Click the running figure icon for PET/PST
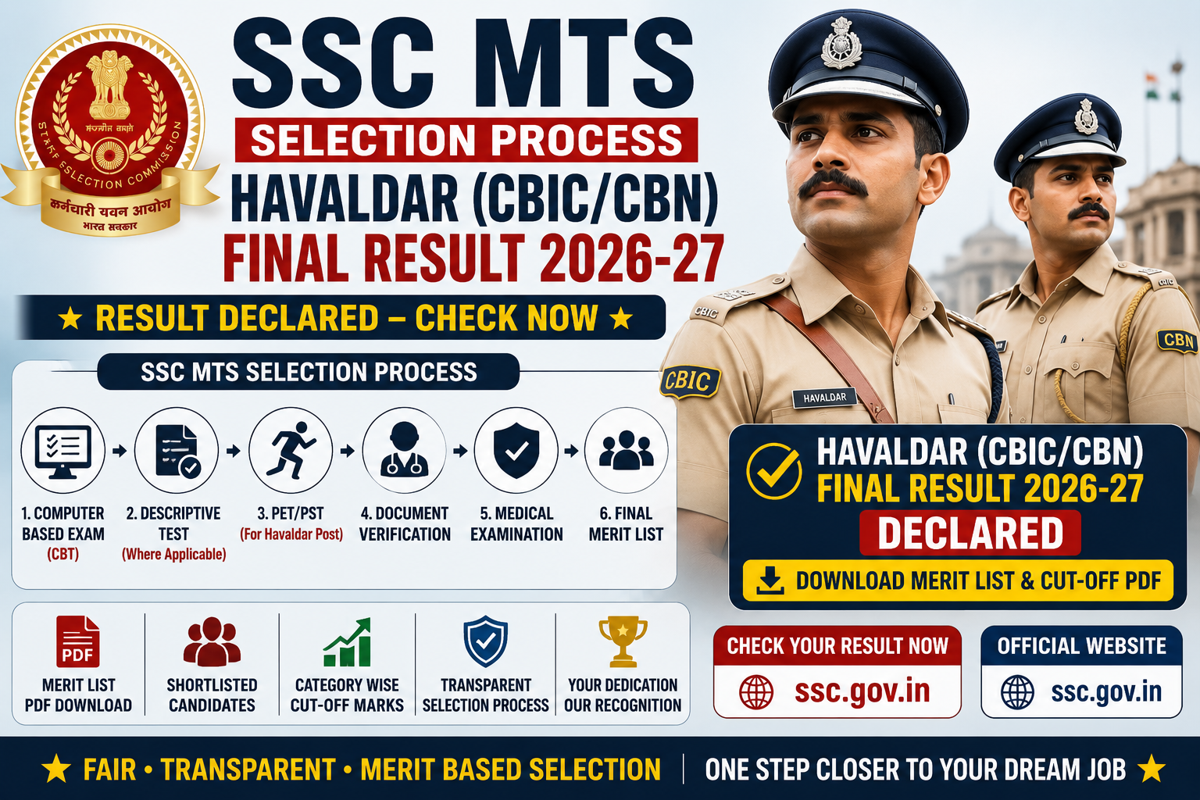click(291, 450)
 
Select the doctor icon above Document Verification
click(405, 449)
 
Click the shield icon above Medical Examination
click(516, 450)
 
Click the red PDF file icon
click(77, 641)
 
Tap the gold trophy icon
click(623, 641)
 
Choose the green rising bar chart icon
click(347, 642)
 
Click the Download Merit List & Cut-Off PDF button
click(958, 580)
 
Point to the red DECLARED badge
click(970, 533)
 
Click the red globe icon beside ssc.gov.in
click(756, 691)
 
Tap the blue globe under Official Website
click(1017, 692)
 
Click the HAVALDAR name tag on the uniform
click(824, 398)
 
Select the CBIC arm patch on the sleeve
click(690, 381)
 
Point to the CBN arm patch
click(1177, 341)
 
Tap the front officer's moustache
click(833, 184)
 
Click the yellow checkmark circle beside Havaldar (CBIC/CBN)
click(773, 472)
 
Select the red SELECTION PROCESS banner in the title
click(466, 140)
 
